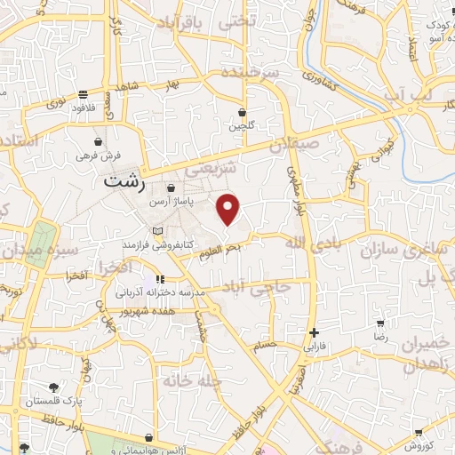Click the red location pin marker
click(x=229, y=208)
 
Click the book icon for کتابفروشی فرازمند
click(x=158, y=231)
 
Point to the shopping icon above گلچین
click(x=243, y=113)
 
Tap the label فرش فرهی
click(x=97, y=156)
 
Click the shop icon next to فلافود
click(x=83, y=93)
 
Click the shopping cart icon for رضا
click(x=380, y=324)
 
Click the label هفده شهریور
click(x=161, y=312)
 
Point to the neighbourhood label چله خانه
click(x=189, y=380)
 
